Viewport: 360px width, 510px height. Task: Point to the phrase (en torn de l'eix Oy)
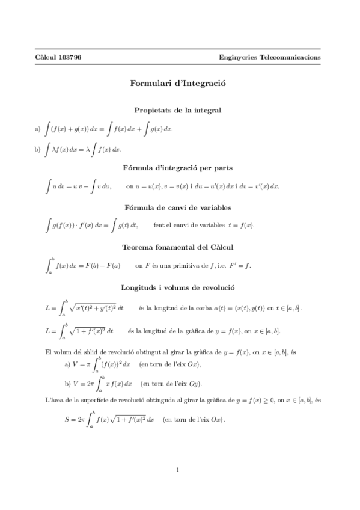point(171,383)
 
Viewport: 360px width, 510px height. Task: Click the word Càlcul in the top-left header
point(45,57)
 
